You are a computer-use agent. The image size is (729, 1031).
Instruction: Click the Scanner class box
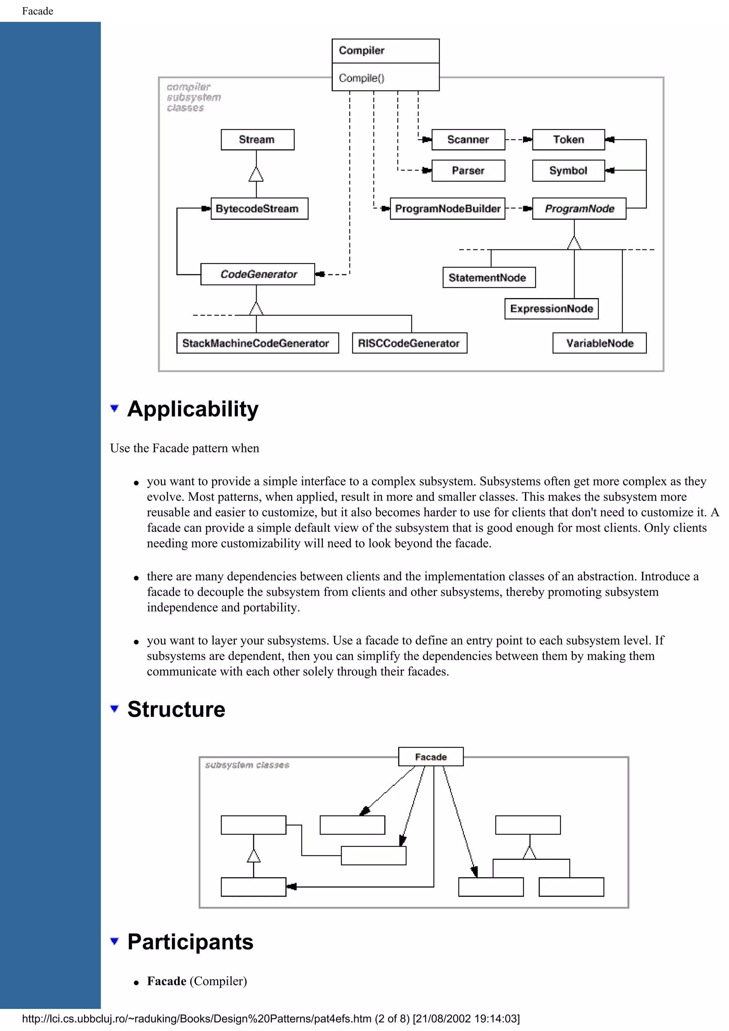468,140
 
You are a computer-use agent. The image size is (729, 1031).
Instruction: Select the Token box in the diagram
568,140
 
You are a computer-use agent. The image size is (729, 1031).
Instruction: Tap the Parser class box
468,171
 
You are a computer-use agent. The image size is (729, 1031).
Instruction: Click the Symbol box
568,171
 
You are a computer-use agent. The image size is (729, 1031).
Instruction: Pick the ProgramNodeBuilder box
447,209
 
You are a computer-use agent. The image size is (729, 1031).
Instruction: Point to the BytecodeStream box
259,209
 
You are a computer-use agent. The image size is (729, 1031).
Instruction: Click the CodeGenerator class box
257,274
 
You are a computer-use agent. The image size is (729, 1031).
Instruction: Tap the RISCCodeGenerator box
409,344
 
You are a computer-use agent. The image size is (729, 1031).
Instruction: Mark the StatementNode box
489,278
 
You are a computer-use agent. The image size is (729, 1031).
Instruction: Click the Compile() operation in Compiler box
362,78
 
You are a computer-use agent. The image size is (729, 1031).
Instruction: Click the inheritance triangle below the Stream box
256,174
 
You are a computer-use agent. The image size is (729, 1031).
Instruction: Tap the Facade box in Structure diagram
431,757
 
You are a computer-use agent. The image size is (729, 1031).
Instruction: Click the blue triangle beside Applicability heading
115,408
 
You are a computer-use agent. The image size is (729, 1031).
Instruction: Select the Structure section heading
176,709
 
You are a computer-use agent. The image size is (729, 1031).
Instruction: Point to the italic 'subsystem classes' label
247,765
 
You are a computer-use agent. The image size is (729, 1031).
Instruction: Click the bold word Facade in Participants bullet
167,981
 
